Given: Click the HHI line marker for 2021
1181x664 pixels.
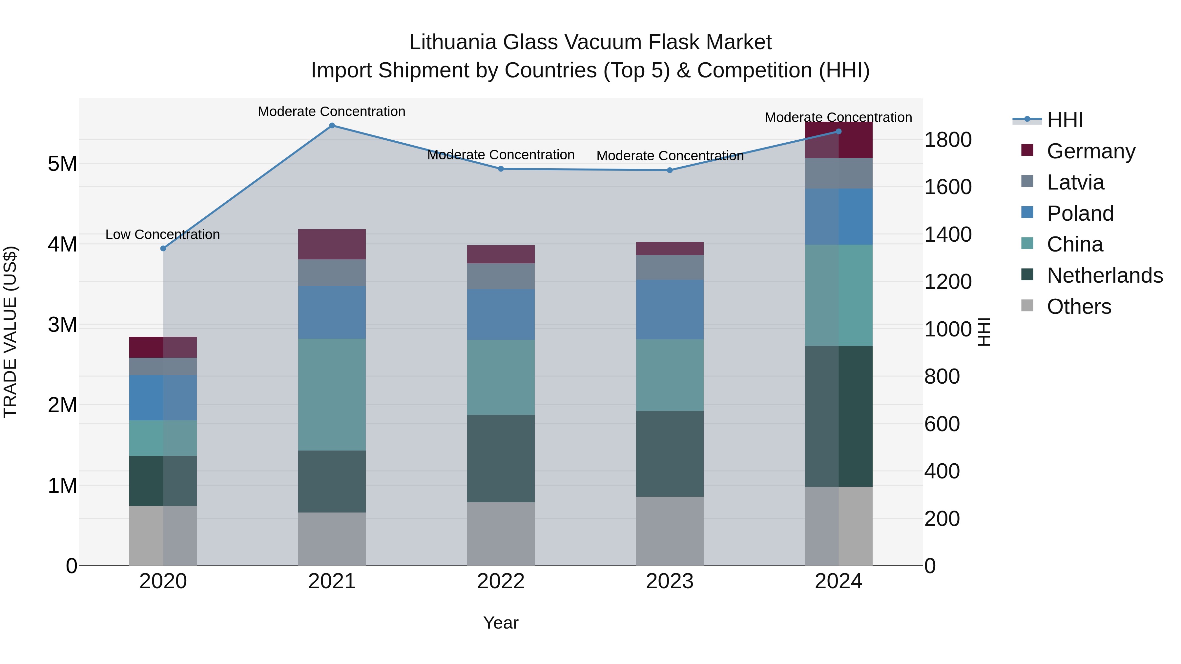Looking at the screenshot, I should pos(332,126).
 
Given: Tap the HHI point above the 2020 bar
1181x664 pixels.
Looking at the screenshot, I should pos(163,248).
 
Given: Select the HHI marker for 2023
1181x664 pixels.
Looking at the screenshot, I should pos(670,171).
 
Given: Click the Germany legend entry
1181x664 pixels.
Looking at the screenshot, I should pos(1091,151).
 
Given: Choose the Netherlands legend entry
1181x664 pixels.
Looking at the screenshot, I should pos(1105,275).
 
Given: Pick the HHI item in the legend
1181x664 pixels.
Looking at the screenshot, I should pos(1065,120).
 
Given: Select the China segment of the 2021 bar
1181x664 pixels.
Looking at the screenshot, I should pos(332,394).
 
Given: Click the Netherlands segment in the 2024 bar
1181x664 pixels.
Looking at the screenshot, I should pos(839,416).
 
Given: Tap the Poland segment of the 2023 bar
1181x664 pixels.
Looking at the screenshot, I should pos(670,310).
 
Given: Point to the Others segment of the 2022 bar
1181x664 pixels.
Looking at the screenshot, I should pos(501,534).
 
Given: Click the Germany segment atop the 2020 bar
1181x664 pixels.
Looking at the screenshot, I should pos(163,347).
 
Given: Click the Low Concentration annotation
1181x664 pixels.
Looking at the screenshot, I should pos(163,235).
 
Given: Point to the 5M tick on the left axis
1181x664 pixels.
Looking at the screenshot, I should pos(62,164).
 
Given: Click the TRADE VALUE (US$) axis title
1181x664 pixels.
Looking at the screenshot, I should pos(10,332).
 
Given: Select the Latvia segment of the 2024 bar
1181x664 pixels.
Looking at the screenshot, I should pos(839,173).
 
